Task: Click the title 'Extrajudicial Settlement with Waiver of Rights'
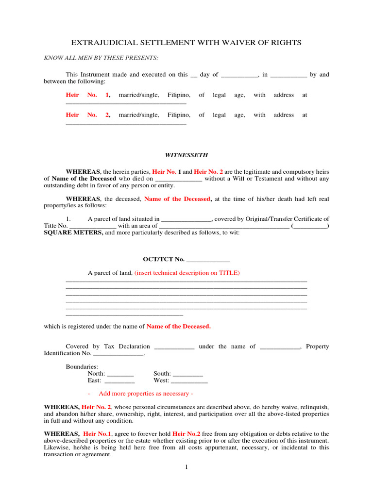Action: [x=186, y=43]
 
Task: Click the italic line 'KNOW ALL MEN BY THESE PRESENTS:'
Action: [x=101, y=58]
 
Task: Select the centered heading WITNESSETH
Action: [x=186, y=155]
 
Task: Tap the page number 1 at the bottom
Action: [x=186, y=467]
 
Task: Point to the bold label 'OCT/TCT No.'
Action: [x=164, y=260]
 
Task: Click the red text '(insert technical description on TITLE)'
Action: [x=187, y=273]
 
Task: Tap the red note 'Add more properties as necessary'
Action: [x=146, y=394]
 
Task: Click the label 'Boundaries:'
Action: [x=82, y=367]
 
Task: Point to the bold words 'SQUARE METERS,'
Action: [x=73, y=232]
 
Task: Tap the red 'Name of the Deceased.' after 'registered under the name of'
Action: [x=179, y=327]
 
